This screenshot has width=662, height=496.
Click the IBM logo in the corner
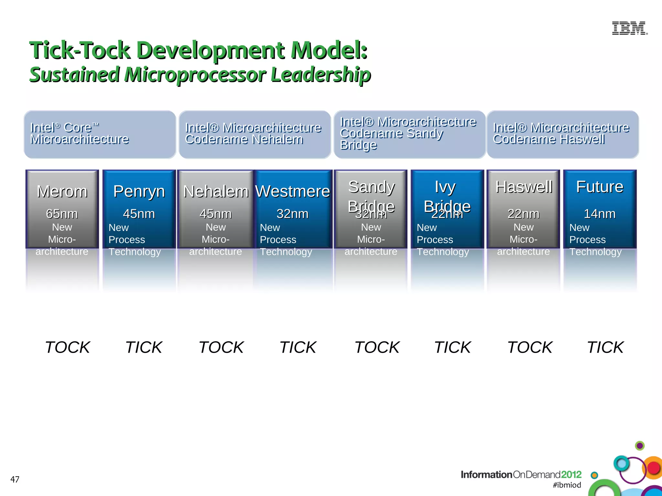click(x=629, y=28)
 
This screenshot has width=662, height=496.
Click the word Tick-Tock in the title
click(x=80, y=51)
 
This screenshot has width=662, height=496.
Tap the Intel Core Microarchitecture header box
click(x=100, y=134)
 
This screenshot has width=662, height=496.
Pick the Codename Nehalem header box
click(x=254, y=134)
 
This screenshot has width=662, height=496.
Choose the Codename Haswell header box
click(x=562, y=134)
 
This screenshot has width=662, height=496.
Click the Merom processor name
click(x=62, y=191)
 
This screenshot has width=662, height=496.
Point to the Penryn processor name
click(x=139, y=191)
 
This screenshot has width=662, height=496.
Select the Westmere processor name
click(x=293, y=191)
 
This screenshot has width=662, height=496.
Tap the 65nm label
click(x=62, y=214)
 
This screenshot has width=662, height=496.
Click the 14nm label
click(x=600, y=214)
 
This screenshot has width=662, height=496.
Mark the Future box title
click(x=600, y=187)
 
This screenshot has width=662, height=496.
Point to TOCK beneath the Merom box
click(x=67, y=347)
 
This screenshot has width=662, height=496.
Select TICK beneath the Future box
click(x=605, y=347)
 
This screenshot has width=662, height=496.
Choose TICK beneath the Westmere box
click(x=298, y=347)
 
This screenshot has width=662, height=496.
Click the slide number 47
click(x=15, y=479)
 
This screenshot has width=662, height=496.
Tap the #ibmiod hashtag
click(x=567, y=485)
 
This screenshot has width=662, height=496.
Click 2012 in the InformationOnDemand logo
click(x=571, y=474)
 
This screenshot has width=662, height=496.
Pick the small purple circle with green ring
click(x=640, y=446)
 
